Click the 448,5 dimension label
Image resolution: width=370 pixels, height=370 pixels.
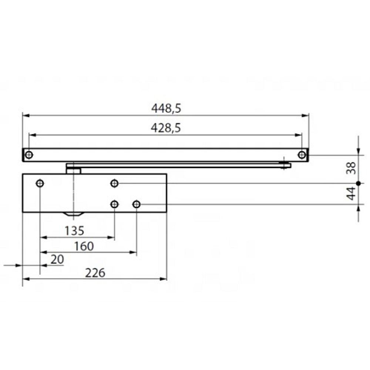pyautogui.click(x=166, y=108)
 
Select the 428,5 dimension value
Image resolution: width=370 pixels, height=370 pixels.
pyautogui.click(x=166, y=128)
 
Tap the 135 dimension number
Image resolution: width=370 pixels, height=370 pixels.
pyautogui.click(x=74, y=231)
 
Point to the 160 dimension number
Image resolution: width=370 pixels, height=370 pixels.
pyautogui.click(x=84, y=246)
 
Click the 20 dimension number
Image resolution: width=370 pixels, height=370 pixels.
pyautogui.click(x=57, y=259)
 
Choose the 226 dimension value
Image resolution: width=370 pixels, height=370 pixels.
pyautogui.click(x=95, y=273)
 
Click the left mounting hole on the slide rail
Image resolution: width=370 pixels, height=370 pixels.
pyautogui.click(x=29, y=155)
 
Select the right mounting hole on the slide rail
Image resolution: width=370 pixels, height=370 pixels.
pyautogui.click(x=302, y=155)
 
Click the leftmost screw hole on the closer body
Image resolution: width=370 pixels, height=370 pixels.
pyautogui.click(x=40, y=183)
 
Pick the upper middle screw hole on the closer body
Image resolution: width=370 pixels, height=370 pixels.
pyautogui.click(x=115, y=183)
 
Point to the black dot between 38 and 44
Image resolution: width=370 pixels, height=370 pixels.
pyautogui.click(x=358, y=183)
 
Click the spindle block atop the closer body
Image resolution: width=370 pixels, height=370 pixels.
pyautogui.click(x=74, y=170)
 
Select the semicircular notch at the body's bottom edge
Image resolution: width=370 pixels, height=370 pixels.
pyautogui.click(x=74, y=214)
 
